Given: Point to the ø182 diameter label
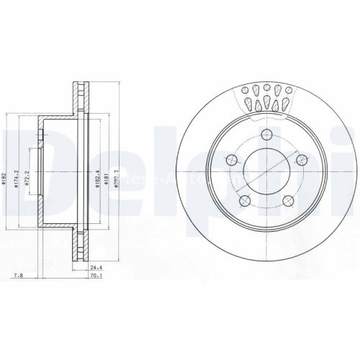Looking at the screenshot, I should click(x=5, y=181).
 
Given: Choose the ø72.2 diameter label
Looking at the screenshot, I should click(x=27, y=176).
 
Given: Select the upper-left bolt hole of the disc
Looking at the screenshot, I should click(x=232, y=160).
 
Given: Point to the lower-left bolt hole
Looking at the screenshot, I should click(x=246, y=201).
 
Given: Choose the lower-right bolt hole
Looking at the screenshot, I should click(x=289, y=201).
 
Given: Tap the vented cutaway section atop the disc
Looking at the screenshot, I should click(x=267, y=97).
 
